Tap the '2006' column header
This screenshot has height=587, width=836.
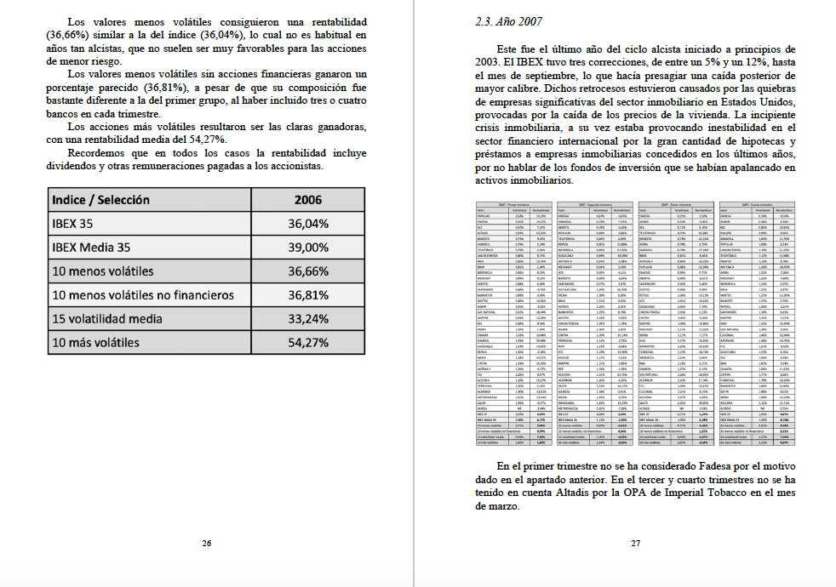(307, 199)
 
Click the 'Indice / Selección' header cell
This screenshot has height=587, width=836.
(101, 199)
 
